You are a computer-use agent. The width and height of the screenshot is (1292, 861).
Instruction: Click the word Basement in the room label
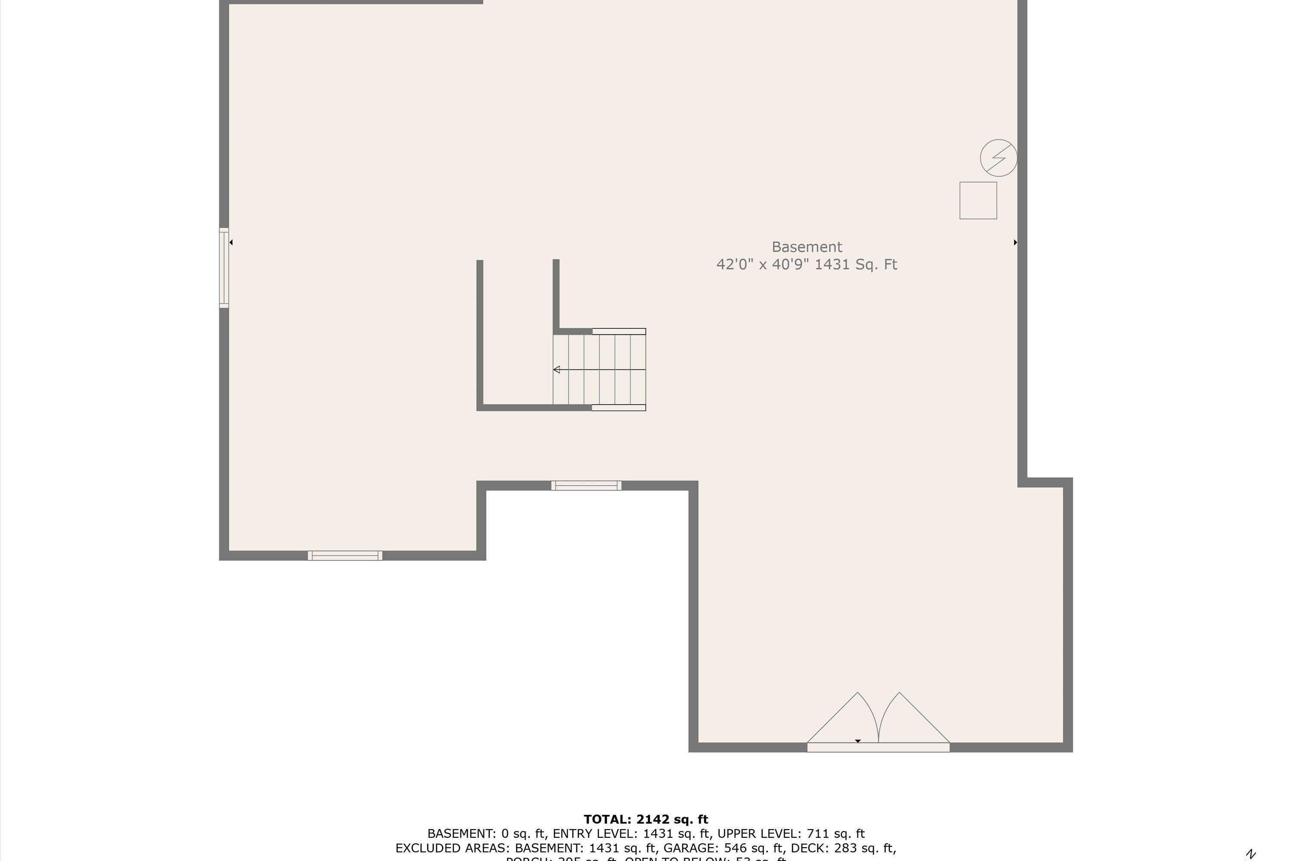806,247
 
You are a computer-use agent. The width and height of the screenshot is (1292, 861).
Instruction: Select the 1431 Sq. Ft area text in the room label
855,265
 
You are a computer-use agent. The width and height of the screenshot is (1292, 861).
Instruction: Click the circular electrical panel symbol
998,158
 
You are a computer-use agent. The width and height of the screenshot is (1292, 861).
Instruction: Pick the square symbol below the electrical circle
978,201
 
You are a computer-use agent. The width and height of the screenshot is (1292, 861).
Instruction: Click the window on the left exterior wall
224,268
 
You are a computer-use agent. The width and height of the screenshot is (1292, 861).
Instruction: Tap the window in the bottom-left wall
345,556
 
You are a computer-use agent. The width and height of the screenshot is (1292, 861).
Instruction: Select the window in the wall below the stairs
586,486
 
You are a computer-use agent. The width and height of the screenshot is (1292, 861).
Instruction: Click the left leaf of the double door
841,719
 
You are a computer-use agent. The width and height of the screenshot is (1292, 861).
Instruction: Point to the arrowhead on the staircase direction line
556,369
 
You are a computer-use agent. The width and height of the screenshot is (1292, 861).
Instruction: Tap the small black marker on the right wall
1015,242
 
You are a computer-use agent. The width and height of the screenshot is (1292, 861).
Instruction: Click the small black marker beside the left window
231,242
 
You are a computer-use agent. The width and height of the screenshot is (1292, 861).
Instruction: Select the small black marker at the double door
857,741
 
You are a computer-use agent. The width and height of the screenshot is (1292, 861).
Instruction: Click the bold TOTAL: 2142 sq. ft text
646,819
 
